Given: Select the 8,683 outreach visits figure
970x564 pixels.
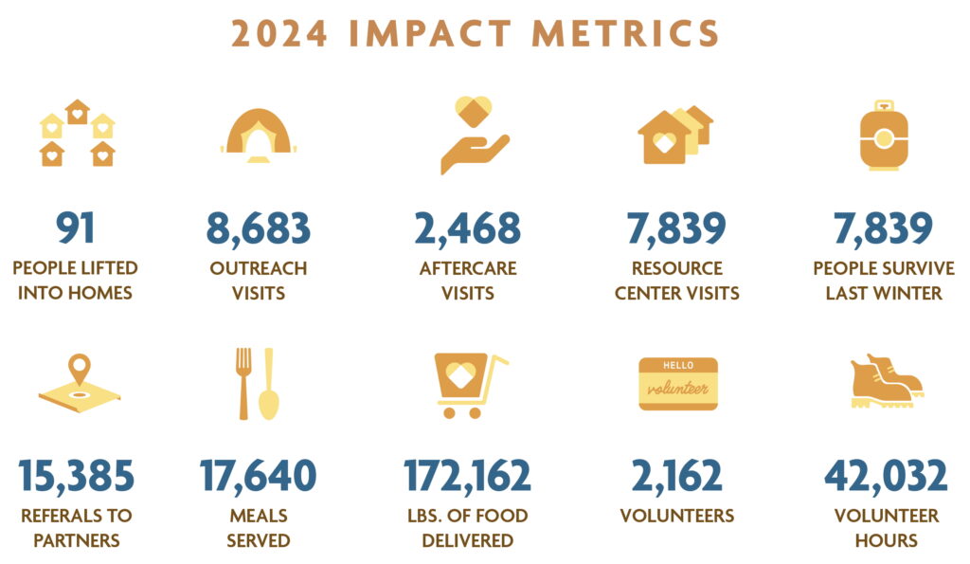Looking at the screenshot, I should pos(259,227).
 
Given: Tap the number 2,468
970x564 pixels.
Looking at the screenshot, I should pos(468,227).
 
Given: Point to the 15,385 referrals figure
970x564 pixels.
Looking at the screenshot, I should pos(77,475).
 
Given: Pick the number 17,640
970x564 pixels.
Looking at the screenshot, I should pos(258,475).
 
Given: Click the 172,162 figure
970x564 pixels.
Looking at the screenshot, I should pos(468,475).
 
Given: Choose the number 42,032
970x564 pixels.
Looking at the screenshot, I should pos(885,475).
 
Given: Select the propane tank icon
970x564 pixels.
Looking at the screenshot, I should pos(883,136).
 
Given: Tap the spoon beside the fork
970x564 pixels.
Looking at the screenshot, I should pos(269,384).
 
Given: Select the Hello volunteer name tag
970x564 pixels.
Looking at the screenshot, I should pos(677,384).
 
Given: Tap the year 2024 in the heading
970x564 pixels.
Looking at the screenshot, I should pos(280,34).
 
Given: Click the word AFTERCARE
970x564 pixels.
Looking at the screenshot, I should pos(468,268).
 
